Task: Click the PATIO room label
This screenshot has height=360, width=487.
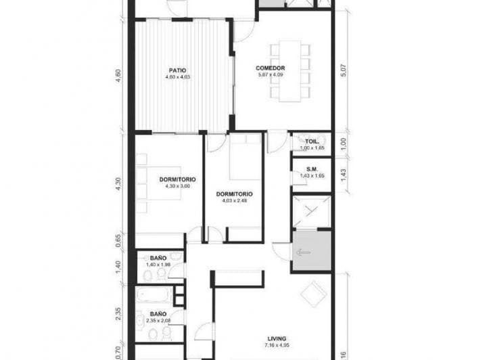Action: pyautogui.click(x=178, y=69)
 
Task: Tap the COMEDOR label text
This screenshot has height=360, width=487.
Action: pyautogui.click(x=270, y=68)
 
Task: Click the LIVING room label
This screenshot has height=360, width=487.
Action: pyautogui.click(x=276, y=338)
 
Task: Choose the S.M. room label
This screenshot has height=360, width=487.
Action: pyautogui.click(x=312, y=169)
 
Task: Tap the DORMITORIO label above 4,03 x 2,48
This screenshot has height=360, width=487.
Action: pyautogui.click(x=234, y=194)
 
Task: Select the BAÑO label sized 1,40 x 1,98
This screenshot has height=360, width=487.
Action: pyautogui.click(x=158, y=258)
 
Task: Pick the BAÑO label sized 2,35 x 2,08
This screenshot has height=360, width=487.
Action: pyautogui.click(x=158, y=314)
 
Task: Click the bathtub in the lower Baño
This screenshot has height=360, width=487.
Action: pyautogui.click(x=154, y=296)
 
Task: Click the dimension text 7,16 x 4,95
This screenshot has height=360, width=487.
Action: pyautogui.click(x=276, y=346)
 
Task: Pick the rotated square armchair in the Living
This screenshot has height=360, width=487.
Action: pyautogui.click(x=313, y=294)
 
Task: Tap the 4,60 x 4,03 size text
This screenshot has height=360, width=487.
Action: pyautogui.click(x=178, y=76)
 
